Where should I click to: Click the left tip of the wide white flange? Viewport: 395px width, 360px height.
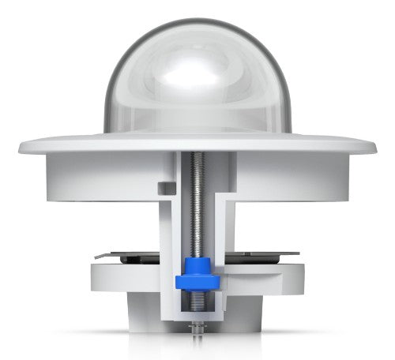21,145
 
